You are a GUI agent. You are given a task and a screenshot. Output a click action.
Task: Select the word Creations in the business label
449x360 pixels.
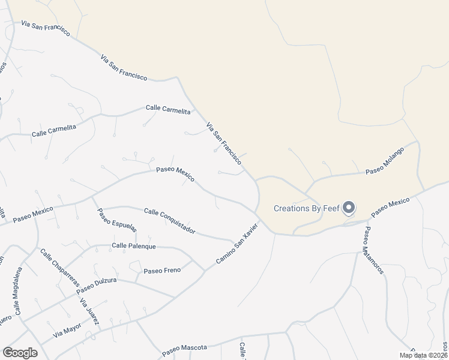[295, 209]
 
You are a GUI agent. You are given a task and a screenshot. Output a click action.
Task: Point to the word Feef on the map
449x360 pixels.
[332, 209]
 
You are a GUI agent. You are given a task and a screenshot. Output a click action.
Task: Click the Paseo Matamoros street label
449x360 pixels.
[373, 250]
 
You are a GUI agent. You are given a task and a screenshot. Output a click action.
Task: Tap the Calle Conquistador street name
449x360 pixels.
[170, 220]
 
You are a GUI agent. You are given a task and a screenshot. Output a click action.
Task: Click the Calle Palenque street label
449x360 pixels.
[134, 246]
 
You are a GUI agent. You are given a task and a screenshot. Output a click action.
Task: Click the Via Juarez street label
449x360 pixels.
[89, 311]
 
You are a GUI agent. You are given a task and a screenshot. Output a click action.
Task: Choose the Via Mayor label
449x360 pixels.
[67, 328]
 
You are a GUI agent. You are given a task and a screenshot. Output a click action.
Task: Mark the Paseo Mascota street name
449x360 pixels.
[184, 347]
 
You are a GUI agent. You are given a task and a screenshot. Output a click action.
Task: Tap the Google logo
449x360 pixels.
[20, 353]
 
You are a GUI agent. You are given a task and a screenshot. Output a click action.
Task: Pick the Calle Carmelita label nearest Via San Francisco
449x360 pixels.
[168, 109]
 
